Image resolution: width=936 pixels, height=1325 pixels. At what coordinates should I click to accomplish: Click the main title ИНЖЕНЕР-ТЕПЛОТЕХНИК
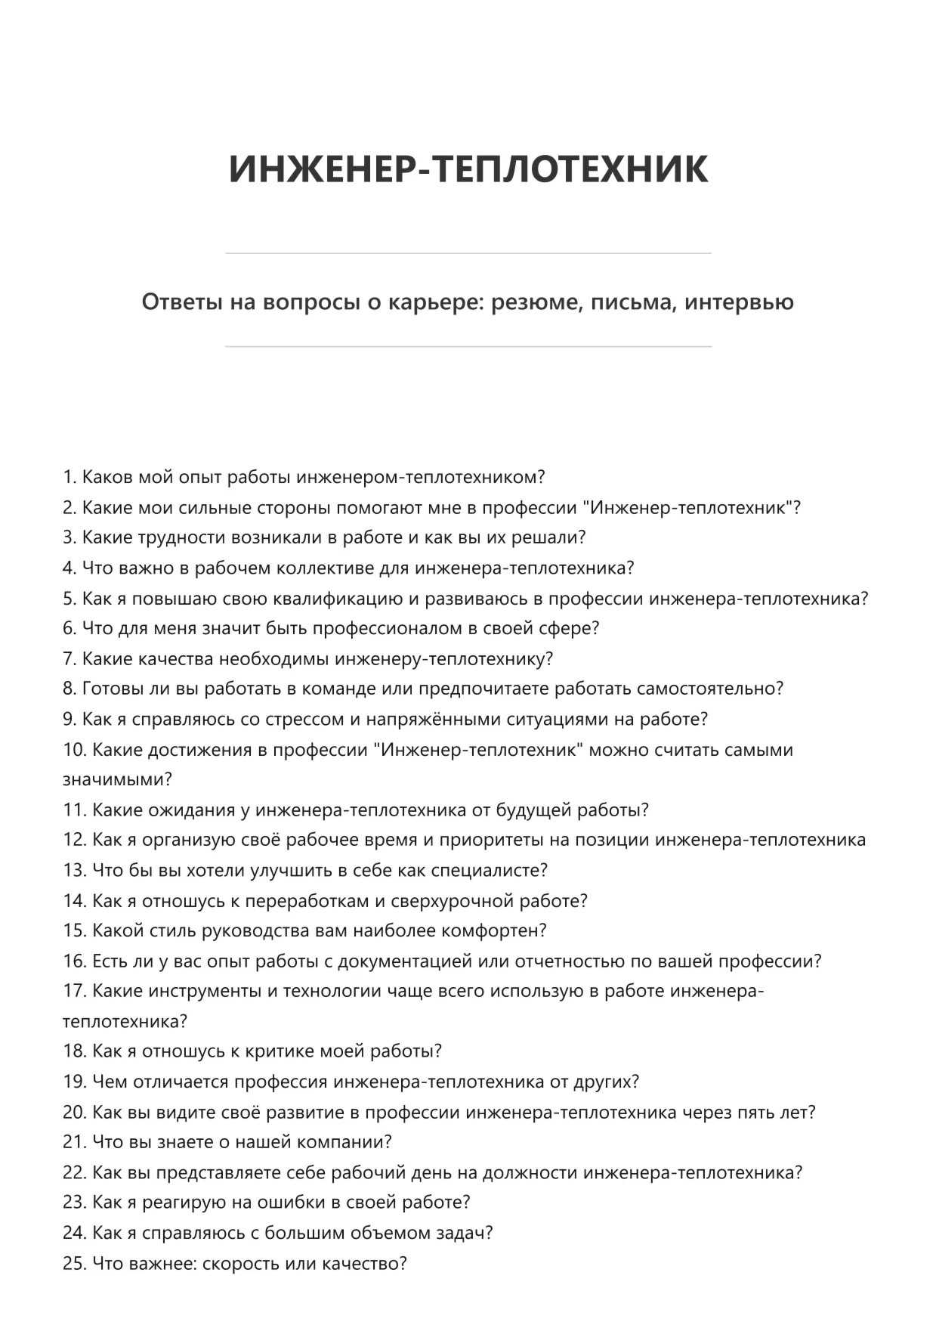coord(468,169)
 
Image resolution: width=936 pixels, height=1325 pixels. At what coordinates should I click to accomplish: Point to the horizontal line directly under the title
coord(468,253)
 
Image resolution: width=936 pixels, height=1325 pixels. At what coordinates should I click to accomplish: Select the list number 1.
coord(70,477)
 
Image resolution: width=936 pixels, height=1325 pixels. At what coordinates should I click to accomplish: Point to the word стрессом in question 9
coord(304,719)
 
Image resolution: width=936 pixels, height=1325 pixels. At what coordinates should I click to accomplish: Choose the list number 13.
coord(74,870)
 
